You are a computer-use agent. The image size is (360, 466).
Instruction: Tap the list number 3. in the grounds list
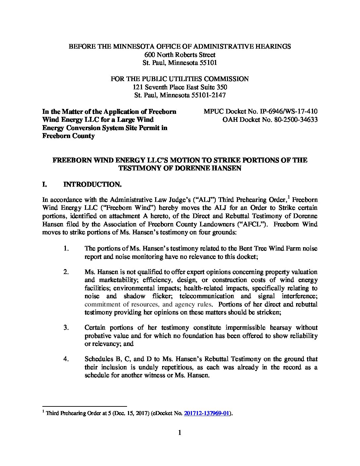click(66, 328)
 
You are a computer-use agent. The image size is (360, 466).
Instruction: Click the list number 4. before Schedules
click(66, 359)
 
